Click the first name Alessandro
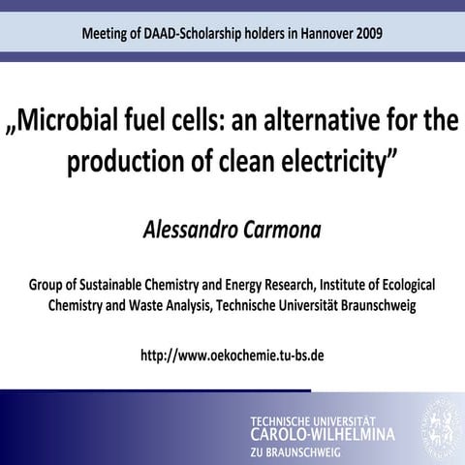click(x=186, y=230)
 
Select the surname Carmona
click(x=285, y=230)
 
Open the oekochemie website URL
click(x=232, y=354)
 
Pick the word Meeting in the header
click(x=108, y=33)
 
